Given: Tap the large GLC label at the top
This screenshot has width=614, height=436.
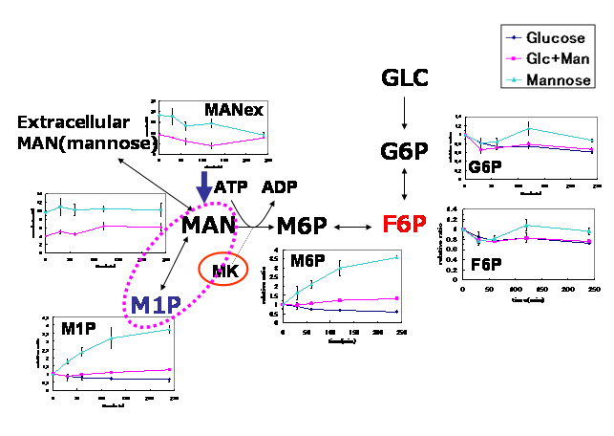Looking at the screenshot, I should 404,76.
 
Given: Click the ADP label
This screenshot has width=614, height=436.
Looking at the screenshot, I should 280,186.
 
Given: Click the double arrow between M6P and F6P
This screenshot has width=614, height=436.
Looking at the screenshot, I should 352,227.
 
